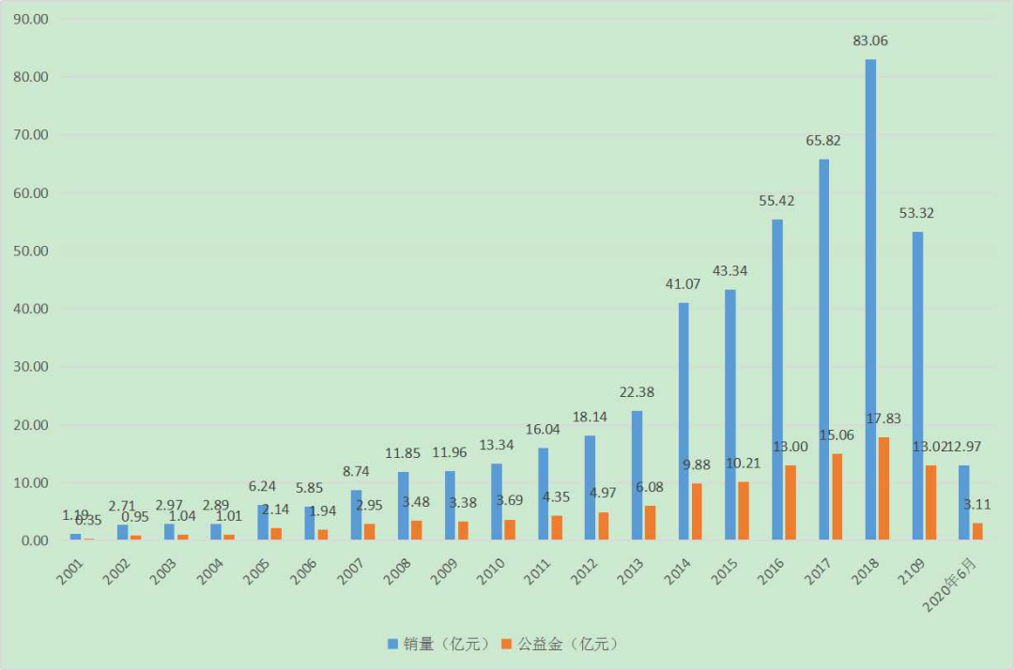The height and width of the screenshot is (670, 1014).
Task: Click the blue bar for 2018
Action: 870,300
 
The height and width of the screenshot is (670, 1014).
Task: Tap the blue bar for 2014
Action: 684,421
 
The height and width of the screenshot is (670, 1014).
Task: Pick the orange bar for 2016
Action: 790,503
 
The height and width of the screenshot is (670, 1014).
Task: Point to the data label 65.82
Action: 823,141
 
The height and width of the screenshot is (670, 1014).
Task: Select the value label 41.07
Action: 684,284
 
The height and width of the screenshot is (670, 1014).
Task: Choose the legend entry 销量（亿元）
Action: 440,644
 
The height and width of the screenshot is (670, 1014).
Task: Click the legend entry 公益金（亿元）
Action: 559,644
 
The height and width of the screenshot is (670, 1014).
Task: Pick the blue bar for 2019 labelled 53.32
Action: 917,386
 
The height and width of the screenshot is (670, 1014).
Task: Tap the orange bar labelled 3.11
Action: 976,531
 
